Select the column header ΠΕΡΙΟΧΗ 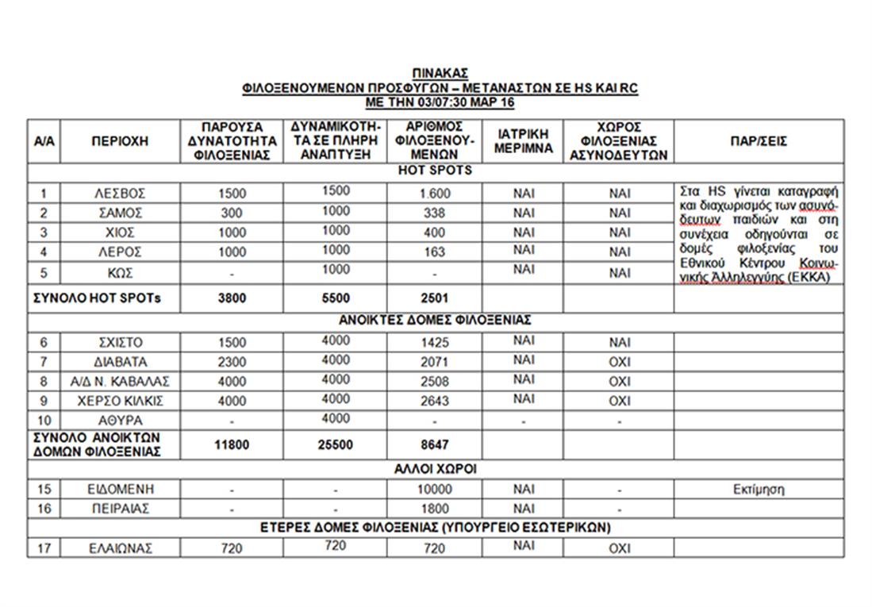tap(119, 141)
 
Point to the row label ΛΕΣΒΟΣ tap(119, 194)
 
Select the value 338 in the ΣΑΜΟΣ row tap(436, 213)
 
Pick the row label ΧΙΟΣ tap(119, 232)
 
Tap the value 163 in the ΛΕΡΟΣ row tap(436, 252)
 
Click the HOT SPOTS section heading tap(435, 171)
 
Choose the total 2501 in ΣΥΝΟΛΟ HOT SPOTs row tap(436, 299)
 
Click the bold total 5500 tap(336, 299)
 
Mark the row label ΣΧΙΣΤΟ tap(119, 343)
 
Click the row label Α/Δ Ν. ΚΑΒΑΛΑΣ tap(119, 382)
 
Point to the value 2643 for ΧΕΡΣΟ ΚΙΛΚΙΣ tap(436, 401)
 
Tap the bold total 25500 tap(336, 445)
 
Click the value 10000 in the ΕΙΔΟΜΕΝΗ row tap(436, 490)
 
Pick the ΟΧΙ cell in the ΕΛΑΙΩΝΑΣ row tap(619, 548)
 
